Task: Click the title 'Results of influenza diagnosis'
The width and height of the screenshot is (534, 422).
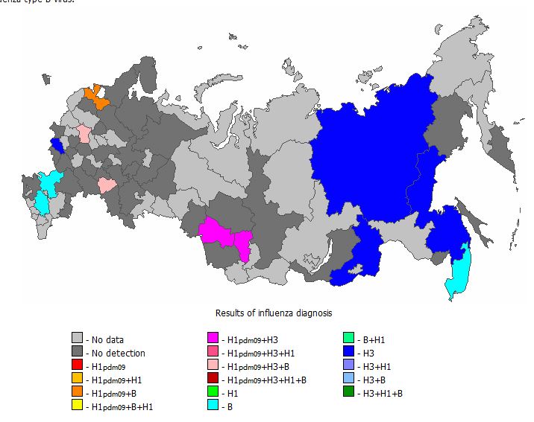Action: click(x=274, y=313)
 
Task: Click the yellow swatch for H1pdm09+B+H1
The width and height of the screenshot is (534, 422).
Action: click(x=76, y=406)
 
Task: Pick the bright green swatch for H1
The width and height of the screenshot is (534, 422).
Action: click(x=213, y=393)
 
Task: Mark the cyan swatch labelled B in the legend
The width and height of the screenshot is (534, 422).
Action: click(x=213, y=406)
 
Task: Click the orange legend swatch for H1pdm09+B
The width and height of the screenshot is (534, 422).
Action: click(x=76, y=393)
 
